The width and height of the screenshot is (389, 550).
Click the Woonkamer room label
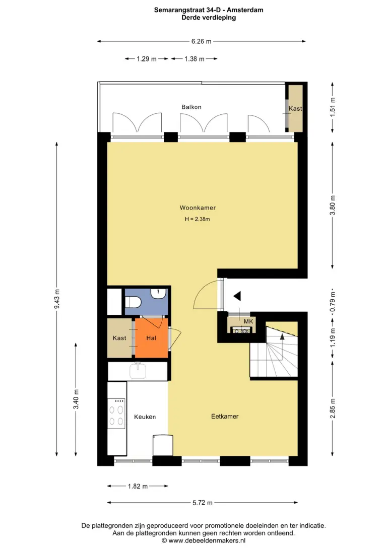[x=198, y=208]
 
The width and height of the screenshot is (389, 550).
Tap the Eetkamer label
[x=225, y=417]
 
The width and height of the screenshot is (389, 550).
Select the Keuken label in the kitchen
[x=145, y=417]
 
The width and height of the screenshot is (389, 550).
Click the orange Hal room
[x=152, y=338]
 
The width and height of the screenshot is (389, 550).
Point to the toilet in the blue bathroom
[x=133, y=301]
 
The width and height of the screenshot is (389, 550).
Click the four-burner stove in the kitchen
[x=116, y=413]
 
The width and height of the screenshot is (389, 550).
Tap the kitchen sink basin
[x=138, y=371]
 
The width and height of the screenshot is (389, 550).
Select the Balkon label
[x=191, y=107]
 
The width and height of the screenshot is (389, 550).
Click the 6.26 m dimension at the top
[x=202, y=41]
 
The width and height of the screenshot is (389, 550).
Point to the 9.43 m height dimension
[x=57, y=299]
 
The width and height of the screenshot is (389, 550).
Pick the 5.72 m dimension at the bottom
[x=203, y=503]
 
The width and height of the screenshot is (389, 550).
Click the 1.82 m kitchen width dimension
[x=138, y=486]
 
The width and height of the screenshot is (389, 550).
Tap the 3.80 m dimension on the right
[x=333, y=205]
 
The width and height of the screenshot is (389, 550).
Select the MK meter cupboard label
[x=248, y=321]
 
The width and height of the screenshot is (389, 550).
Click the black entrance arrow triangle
[x=237, y=296]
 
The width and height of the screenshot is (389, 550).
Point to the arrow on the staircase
[x=282, y=346]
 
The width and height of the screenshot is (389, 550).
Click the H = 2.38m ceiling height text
[x=198, y=219]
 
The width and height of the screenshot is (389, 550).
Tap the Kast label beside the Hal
[x=119, y=338]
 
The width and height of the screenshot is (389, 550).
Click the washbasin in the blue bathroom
[x=159, y=293]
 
